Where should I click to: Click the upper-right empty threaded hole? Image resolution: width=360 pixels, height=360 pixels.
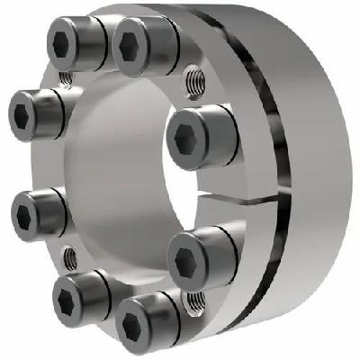coord(193,82)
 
